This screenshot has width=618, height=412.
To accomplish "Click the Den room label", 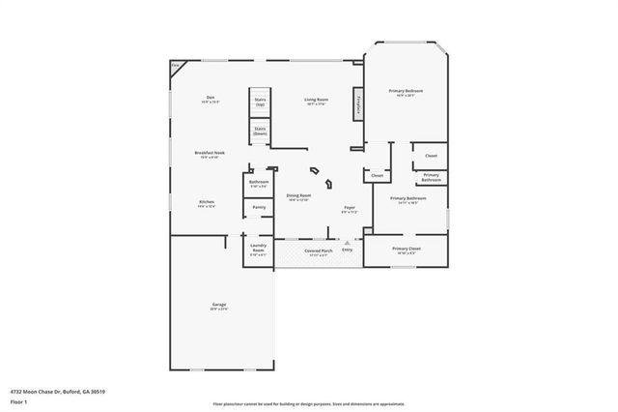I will click(x=210, y=99).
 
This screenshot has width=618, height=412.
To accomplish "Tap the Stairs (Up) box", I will click(x=260, y=102).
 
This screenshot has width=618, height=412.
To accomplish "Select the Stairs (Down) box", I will click(x=260, y=131).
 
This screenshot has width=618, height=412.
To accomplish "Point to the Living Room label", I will click(x=315, y=102).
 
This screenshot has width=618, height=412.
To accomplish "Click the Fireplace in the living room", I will click(x=358, y=104).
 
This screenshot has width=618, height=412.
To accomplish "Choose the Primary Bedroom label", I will click(x=406, y=93).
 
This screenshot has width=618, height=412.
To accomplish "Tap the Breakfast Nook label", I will click(x=210, y=155).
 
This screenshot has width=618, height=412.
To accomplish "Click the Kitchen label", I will click(x=207, y=202).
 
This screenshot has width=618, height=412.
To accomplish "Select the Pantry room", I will click(x=259, y=207).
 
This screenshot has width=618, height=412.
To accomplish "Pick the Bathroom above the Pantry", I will click(x=259, y=183).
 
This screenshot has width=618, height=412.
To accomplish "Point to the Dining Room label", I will click(x=298, y=197).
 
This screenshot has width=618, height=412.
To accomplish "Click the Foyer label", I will click(x=350, y=209).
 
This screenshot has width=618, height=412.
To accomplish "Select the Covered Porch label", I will click(x=318, y=251).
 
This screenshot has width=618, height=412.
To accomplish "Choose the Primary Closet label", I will click(x=406, y=250).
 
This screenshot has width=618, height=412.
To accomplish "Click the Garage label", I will click(x=219, y=307).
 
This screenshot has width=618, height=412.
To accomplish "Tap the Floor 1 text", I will click(x=19, y=400).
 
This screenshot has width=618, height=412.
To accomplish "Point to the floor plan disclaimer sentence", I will click(x=308, y=403).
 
